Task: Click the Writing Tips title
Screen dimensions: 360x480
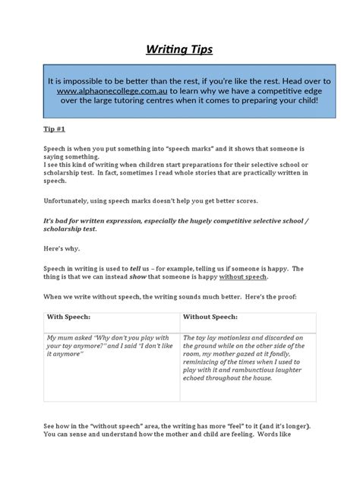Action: tap(179, 51)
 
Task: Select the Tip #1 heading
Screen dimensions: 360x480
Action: tap(53, 130)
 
